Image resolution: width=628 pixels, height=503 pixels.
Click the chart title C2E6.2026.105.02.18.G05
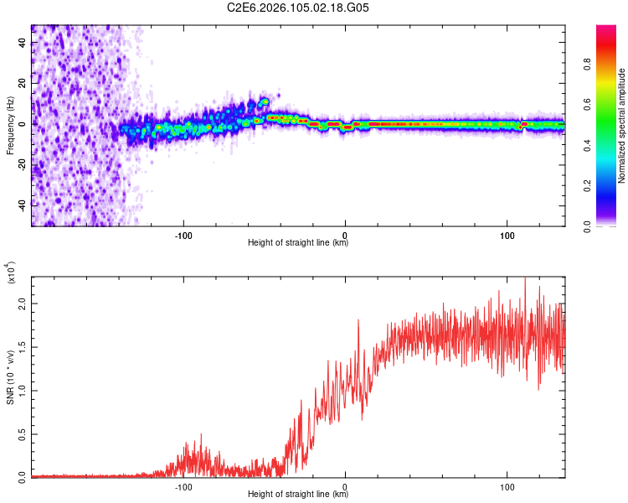pos(298,8)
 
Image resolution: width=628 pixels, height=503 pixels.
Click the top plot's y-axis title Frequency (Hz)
pos(10,124)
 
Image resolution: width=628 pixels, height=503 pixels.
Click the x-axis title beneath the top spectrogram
pos(298,243)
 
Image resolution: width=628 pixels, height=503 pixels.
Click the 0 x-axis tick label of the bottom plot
pos(346,485)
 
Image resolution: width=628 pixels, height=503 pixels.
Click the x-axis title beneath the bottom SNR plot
pos(298,495)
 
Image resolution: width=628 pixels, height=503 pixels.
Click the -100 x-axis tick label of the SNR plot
pos(183,485)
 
